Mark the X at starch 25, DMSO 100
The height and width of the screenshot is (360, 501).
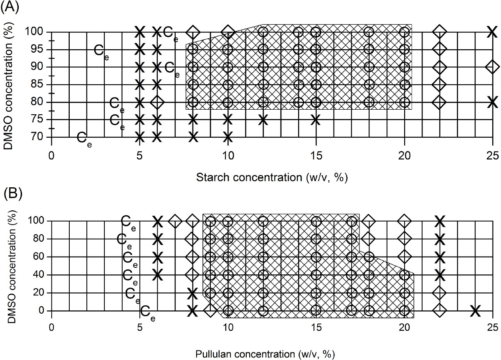(493, 32)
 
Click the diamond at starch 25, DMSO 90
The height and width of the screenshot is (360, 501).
(493, 67)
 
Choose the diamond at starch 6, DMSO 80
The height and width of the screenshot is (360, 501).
(157, 102)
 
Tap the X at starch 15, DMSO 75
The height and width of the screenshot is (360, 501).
(316, 120)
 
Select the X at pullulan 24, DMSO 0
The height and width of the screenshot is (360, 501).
(475, 311)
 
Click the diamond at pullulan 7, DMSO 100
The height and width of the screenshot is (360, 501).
(175, 221)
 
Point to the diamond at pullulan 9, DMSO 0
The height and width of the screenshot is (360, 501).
(210, 311)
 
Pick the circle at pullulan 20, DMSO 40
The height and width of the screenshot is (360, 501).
(404, 275)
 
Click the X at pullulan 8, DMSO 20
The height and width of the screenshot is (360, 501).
(192, 293)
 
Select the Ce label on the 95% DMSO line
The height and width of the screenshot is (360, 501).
(101, 52)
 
